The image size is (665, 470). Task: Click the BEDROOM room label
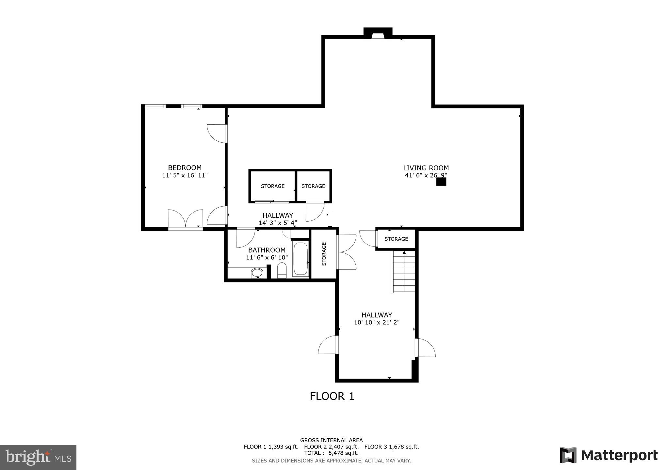[x=185, y=168]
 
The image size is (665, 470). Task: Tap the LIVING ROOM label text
[x=426, y=168]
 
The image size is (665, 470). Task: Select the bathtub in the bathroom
[x=300, y=259]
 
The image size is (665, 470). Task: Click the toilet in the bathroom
[x=282, y=271]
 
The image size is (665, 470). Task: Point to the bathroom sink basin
[x=257, y=273]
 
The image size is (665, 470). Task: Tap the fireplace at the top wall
[x=378, y=34]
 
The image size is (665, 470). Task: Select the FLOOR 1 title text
[x=332, y=396]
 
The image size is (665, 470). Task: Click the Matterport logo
[x=608, y=455]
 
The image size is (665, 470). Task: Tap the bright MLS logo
[x=38, y=457]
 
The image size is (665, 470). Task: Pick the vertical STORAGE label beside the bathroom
[x=324, y=254]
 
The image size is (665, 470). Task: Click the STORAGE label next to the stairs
[x=396, y=239]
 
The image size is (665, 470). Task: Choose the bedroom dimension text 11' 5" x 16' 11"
[x=185, y=176]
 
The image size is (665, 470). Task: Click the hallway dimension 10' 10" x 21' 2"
[x=377, y=322]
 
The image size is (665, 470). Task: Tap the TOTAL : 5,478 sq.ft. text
[x=331, y=453]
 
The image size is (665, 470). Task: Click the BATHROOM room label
[x=267, y=250]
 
